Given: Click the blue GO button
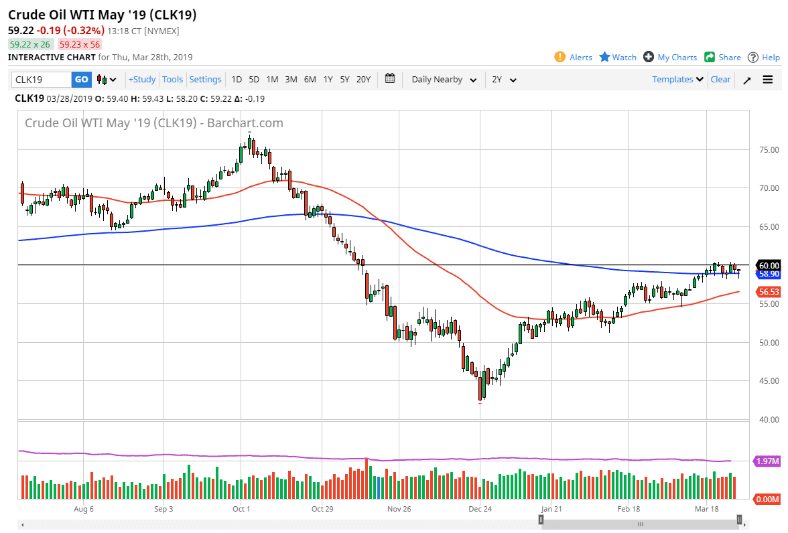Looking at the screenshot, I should (81, 80).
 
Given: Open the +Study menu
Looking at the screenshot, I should (142, 80).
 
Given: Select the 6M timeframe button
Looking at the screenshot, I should (310, 80).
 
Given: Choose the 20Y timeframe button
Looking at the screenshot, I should (363, 80).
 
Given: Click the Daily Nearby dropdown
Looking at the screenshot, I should (444, 80).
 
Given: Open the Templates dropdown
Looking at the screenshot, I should (677, 80).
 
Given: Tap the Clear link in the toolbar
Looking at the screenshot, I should (720, 80).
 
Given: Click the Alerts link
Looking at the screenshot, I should (574, 58).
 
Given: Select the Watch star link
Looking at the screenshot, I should (618, 58).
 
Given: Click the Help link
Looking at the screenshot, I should (764, 58).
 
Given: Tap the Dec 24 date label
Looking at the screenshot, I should (480, 509).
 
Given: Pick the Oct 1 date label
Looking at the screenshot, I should (241, 509).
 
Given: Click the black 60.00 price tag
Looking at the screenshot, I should (768, 265).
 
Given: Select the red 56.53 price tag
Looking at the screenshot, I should (768, 292).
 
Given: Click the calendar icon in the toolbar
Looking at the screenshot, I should (391, 79).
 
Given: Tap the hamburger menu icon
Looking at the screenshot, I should (768, 80).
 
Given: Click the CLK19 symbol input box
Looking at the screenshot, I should (42, 80).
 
